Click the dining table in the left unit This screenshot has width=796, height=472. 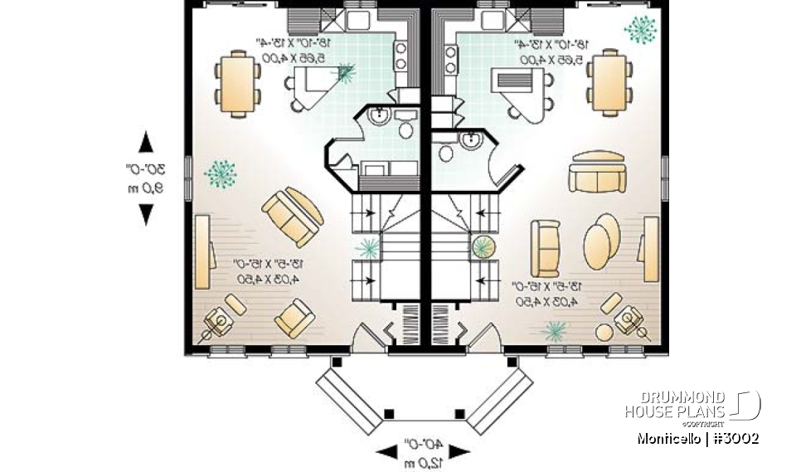pos(238,82)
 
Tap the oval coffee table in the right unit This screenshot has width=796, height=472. pos(600,241)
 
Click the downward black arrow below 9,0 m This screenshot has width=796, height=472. pos(147,214)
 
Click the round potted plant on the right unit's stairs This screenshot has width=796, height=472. pos(482,246)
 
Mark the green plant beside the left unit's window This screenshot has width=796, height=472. pos(220,173)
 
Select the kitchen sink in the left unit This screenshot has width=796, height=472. pos(362,19)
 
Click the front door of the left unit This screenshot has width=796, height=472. pos(366,338)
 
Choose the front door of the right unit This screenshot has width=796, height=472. pos(484,338)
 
